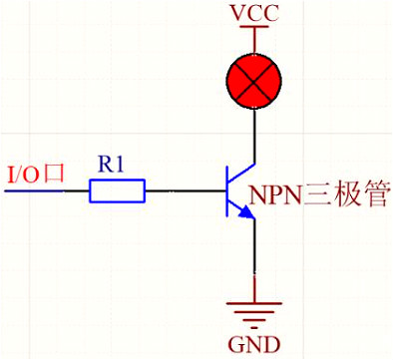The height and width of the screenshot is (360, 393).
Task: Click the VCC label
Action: (x=254, y=13)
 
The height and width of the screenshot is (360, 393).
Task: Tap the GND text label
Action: (x=254, y=345)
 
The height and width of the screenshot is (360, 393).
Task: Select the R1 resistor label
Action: (x=111, y=164)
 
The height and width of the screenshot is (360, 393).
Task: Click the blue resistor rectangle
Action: (x=118, y=190)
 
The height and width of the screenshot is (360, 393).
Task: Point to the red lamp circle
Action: (x=254, y=81)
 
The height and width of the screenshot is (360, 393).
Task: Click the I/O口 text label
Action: (x=36, y=175)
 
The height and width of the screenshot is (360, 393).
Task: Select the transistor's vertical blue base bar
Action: (x=227, y=191)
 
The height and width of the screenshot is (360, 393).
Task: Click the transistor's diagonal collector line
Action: (x=241, y=172)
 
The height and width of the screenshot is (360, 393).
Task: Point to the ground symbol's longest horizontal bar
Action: (x=254, y=303)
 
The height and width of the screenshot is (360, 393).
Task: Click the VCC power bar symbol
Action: (x=254, y=27)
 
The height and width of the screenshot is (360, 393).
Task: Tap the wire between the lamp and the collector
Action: (x=254, y=136)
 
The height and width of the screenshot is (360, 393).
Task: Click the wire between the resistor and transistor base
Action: (x=186, y=191)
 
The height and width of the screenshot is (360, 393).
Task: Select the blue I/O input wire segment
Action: (x=33, y=191)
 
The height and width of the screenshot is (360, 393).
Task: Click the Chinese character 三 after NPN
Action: (x=316, y=194)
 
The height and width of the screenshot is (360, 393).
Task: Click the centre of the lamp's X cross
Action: (x=254, y=81)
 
